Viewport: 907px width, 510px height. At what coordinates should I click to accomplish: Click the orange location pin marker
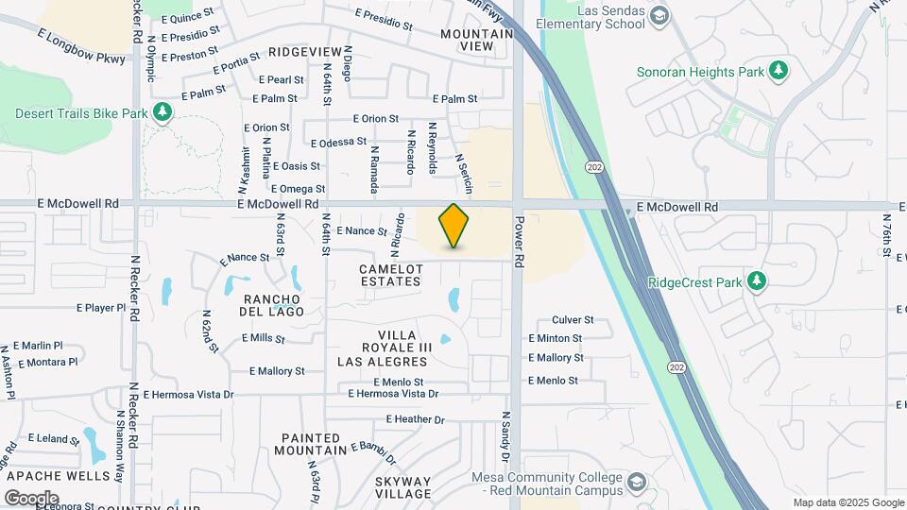click(x=454, y=226)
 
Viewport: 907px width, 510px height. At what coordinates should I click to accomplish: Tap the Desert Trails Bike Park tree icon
click(x=163, y=113)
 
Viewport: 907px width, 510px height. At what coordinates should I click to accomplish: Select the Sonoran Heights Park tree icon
click(x=779, y=70)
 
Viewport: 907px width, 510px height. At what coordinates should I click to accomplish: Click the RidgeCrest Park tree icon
click(x=755, y=281)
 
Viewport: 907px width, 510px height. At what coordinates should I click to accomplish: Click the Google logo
click(x=32, y=498)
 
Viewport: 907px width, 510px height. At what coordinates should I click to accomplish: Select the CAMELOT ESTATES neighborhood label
click(x=390, y=275)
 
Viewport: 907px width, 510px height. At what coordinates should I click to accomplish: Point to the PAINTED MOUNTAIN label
click(x=312, y=444)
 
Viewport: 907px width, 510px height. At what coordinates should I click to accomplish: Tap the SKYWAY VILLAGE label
click(x=402, y=487)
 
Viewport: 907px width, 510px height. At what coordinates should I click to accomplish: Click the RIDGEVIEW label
click(x=304, y=51)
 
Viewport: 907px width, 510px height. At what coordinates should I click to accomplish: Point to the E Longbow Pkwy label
click(x=81, y=46)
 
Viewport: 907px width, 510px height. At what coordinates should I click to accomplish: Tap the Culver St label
click(x=573, y=320)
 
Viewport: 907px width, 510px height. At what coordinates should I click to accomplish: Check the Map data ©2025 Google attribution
click(x=847, y=502)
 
